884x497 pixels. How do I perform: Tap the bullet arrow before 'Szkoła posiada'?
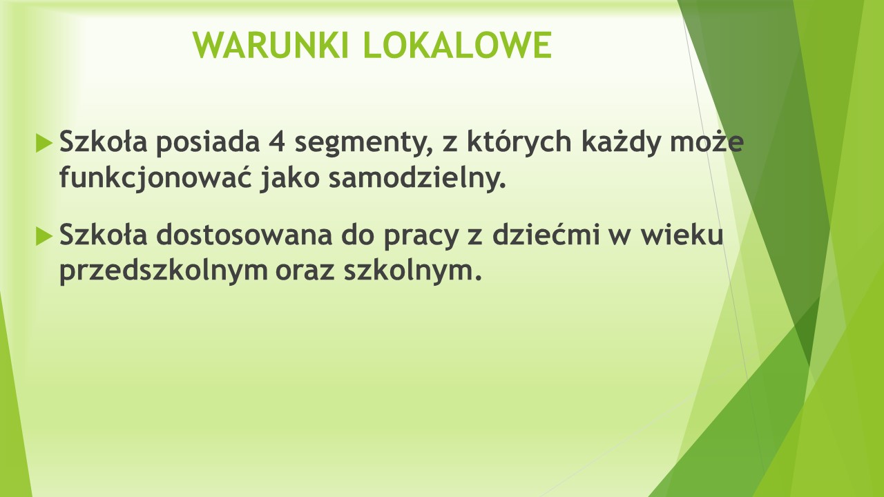click(44, 143)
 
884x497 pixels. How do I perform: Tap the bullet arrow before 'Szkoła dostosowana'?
click(44, 237)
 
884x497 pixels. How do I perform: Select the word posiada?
click(208, 142)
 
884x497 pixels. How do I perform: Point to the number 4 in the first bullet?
click(278, 142)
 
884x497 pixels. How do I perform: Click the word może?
click(707, 142)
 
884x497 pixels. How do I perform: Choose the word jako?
click(289, 178)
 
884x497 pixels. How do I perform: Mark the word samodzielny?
click(417, 178)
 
